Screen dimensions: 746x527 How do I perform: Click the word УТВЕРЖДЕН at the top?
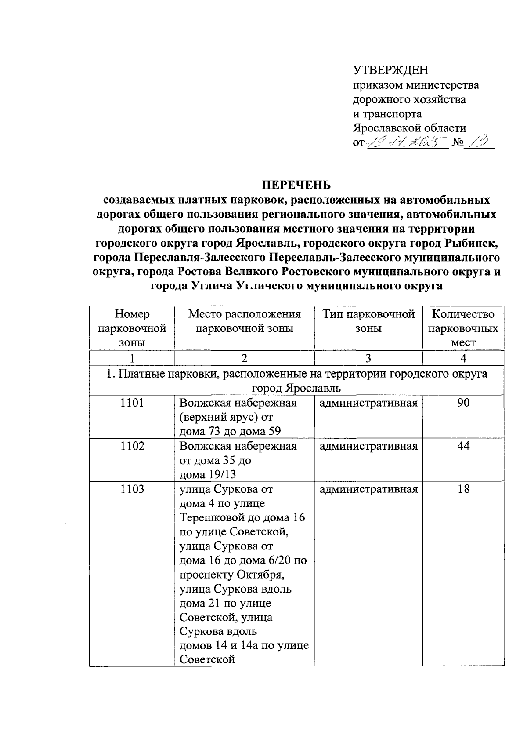(390, 70)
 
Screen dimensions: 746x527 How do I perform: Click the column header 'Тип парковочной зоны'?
(368, 321)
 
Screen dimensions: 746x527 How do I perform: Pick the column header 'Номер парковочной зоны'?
(132, 328)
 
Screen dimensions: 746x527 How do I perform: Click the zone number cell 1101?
(132, 403)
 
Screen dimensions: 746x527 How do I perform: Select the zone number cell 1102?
(132, 446)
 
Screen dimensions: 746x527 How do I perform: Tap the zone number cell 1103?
(132, 489)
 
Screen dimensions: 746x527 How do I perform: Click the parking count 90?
(463, 403)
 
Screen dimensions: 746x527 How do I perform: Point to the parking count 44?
(463, 446)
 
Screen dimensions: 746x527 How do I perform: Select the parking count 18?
(463, 489)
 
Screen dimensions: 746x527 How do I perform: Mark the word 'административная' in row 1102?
(368, 446)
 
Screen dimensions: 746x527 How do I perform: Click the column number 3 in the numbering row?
(368, 358)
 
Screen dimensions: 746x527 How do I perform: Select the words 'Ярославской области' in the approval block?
(410, 128)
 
